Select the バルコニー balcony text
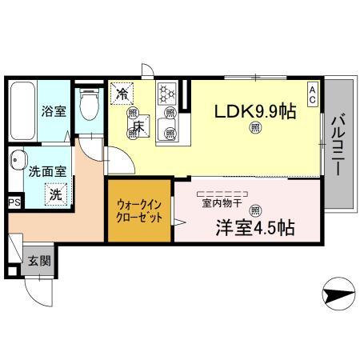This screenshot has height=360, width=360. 337,146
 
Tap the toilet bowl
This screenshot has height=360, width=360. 92,102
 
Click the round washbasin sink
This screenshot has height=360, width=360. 18,159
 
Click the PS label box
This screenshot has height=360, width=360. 14,203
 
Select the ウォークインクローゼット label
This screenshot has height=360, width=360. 139,211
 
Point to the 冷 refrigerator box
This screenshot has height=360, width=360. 122,94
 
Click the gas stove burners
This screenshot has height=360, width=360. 168,94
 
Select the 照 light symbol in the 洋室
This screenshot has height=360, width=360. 255,210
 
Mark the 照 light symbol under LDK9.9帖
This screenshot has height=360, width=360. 255,128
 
